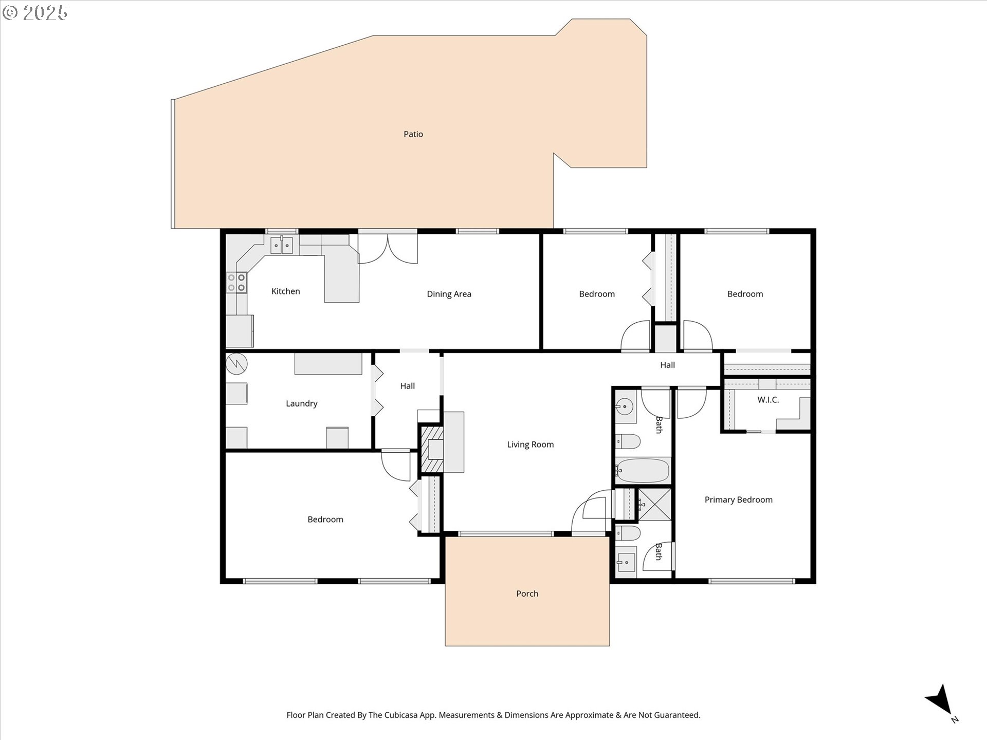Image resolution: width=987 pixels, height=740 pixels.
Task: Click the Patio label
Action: [x=413, y=134]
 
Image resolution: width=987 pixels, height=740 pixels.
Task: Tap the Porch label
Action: [x=527, y=594]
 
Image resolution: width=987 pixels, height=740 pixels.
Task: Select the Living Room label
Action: [x=531, y=445]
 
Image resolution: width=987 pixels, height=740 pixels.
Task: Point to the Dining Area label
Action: [x=449, y=294]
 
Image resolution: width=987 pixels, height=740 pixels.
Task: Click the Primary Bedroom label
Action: [x=738, y=499]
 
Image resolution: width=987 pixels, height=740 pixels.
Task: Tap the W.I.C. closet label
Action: [x=768, y=400]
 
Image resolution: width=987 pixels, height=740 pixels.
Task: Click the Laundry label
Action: [x=301, y=404]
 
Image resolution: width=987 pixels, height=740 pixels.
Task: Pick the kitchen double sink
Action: [x=282, y=245]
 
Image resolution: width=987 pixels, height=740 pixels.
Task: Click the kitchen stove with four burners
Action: [x=236, y=283]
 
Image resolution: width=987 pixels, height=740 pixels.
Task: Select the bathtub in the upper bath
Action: [x=643, y=470]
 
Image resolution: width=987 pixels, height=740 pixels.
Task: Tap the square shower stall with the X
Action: [x=654, y=505]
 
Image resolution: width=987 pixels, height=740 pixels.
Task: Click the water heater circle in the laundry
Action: [x=236, y=364]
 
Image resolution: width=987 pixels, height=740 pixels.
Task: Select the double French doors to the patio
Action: [x=388, y=249]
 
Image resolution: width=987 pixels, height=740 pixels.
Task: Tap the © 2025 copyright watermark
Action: [x=35, y=12]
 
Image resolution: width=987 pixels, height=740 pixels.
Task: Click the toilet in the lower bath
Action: [x=628, y=533]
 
